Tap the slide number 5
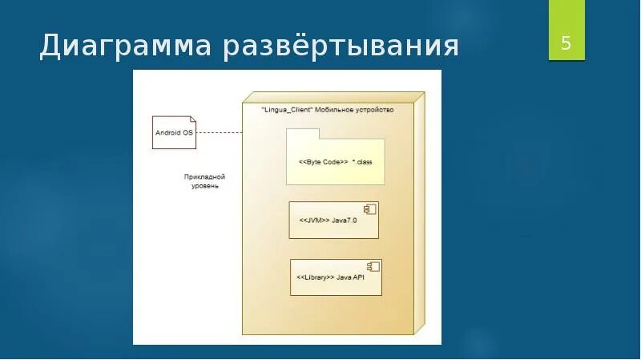click(566, 43)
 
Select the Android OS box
click(173, 132)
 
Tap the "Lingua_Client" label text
click(287, 110)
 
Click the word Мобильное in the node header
click(338, 110)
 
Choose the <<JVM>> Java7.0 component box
click(333, 220)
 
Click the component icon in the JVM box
click(370, 210)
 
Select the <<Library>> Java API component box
click(335, 277)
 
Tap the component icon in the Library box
click(373, 267)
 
